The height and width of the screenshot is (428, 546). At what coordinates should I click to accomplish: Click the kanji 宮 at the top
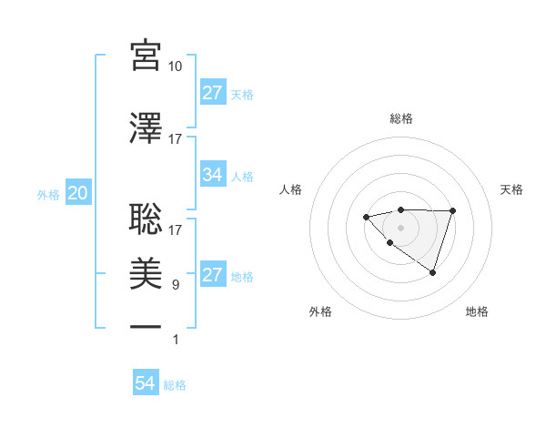point(146,56)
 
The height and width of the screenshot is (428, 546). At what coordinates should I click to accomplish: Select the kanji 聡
point(146,219)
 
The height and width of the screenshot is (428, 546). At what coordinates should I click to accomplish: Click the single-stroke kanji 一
point(146,324)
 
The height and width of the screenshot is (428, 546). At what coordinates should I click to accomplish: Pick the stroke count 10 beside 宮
point(176,66)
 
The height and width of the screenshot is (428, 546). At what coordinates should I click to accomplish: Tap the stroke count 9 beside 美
point(176,285)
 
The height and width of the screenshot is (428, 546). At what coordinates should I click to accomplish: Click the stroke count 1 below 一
point(176,340)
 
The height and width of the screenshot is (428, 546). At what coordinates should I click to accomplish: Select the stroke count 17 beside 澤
point(176,139)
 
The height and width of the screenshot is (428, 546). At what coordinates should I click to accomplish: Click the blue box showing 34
point(213,175)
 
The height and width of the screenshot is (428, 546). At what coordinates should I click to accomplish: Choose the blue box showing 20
point(77,193)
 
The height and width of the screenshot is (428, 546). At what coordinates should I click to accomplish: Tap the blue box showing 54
point(146,383)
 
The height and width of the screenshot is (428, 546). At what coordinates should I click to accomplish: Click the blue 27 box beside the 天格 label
point(213,93)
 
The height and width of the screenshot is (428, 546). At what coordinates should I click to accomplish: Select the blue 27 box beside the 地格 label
point(213,275)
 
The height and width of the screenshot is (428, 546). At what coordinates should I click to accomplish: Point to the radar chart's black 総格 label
point(401,118)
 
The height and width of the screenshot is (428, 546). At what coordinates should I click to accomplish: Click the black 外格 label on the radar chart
point(320,311)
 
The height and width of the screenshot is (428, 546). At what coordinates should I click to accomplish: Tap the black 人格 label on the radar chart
point(291,189)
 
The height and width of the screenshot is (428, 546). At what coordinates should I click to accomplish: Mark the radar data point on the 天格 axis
point(452,211)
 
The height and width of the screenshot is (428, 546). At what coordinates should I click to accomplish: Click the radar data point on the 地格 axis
point(433,272)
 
